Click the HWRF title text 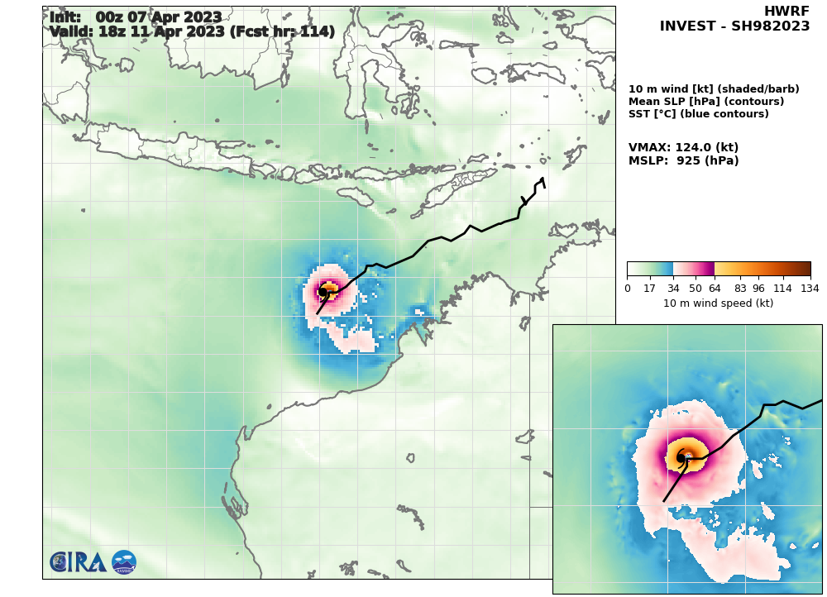pos(786,12)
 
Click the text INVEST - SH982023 pos(734,26)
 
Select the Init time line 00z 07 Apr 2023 pos(136,17)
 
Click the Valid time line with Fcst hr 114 pos(192,32)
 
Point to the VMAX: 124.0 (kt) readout pos(683,147)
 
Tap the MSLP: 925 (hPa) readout pos(683,161)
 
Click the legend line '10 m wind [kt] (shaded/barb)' pos(714,89)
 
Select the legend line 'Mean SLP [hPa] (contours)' pos(706,102)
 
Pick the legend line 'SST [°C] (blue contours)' pos(699,114)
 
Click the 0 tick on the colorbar pos(627,288)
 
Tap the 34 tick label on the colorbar pos(673,288)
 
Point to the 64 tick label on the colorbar pos(715,288)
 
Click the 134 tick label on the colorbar pos(810,288)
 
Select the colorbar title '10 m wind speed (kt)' pos(718,303)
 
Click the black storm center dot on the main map pos(323,292)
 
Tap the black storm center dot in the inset pos(681,457)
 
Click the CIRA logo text pos(77,562)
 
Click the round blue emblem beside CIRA pos(124,562)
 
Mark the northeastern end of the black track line pos(543,179)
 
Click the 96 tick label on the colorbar pos(758,288)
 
